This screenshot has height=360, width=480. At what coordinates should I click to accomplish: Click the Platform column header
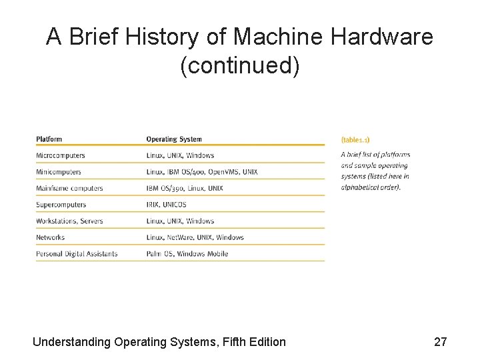point(49,139)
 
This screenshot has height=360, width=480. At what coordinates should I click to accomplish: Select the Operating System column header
point(173,139)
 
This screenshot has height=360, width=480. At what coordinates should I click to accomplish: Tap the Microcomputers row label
point(61,155)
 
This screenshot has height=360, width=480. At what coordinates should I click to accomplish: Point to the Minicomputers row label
point(59,172)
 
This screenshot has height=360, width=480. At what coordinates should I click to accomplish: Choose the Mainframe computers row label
point(69,188)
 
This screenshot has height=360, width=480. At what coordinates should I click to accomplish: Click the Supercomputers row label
point(61,205)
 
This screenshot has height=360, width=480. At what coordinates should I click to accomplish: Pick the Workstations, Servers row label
point(69,221)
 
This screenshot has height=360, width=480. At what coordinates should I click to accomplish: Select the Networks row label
point(51,237)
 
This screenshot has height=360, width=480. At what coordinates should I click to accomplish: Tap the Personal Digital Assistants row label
point(77,253)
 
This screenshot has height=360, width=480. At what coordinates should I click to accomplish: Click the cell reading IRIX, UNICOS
point(166,205)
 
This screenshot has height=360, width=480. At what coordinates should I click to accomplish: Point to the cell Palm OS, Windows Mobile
point(187,253)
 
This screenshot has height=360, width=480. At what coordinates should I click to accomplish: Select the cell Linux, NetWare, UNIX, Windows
point(195,237)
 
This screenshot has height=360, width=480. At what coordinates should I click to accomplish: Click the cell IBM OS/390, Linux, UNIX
point(185,188)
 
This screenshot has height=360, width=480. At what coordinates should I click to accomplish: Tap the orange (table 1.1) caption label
point(355,140)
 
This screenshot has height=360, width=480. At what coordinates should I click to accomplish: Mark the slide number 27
point(440,342)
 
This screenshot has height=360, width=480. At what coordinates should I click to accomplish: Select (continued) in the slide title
point(240,65)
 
